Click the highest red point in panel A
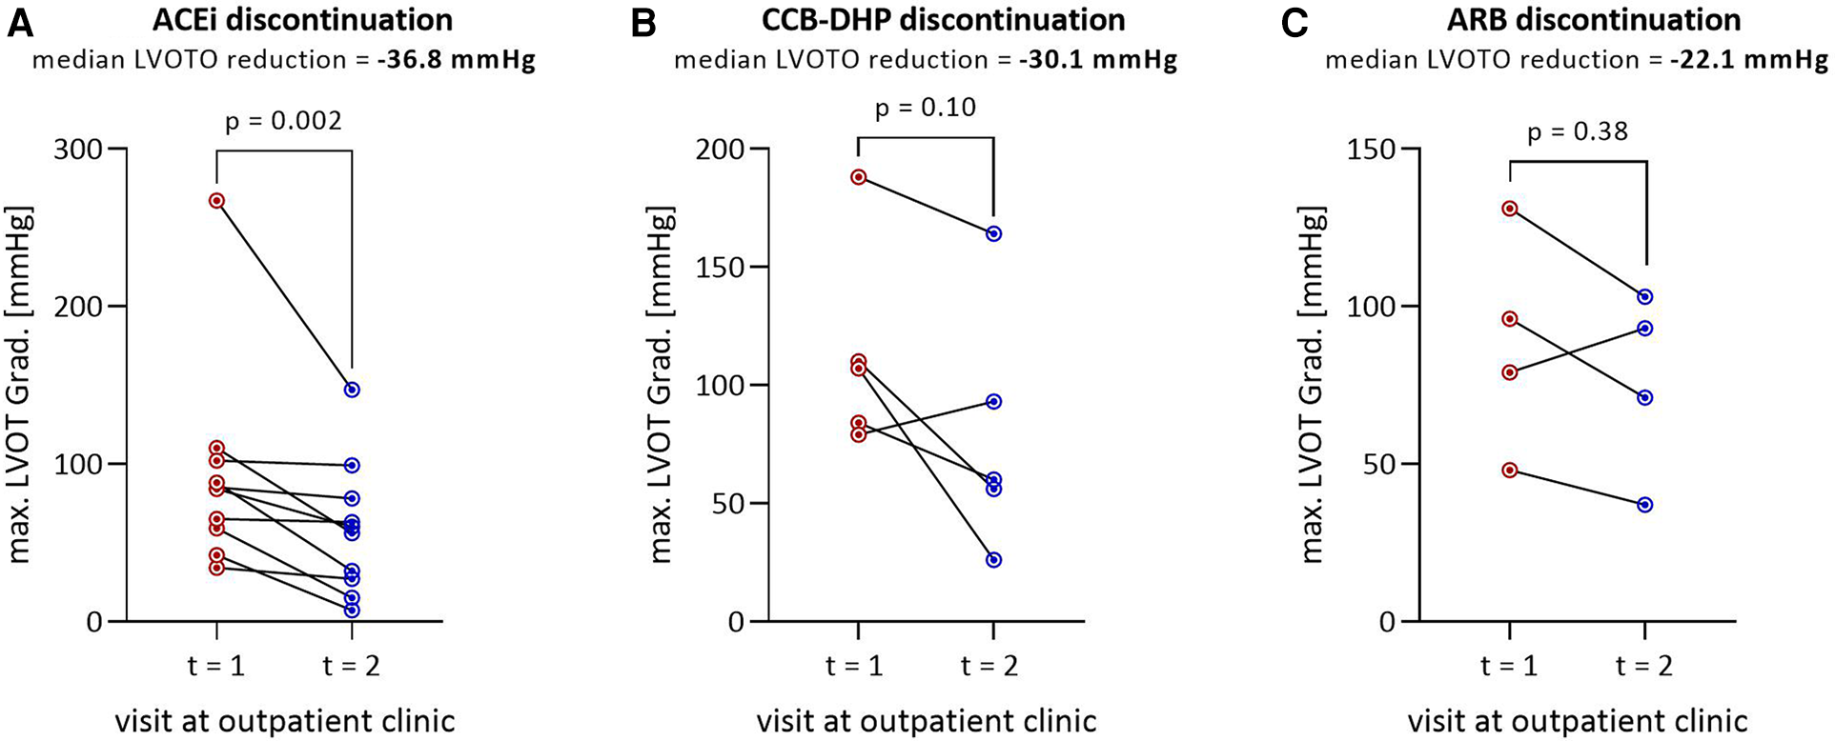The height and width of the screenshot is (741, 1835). (x=216, y=201)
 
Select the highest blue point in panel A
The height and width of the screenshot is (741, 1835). (x=352, y=390)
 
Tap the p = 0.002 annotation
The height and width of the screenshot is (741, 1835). (x=283, y=122)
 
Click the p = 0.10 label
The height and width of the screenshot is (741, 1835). (x=925, y=108)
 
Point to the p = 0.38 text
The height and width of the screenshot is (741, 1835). (x=1578, y=131)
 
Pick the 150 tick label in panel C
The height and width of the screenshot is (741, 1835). (x=1370, y=150)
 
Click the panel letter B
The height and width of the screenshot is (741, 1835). (x=643, y=23)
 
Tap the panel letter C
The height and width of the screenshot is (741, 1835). (x=1295, y=23)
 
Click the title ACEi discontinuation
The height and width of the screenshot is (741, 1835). (x=302, y=20)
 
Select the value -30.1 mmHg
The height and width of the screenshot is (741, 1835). (x=1097, y=60)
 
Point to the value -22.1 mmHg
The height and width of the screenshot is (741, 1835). (x=1748, y=60)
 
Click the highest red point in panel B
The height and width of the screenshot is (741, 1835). (x=858, y=177)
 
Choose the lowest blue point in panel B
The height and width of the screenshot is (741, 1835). (x=993, y=560)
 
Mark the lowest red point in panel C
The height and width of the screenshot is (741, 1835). (x=1510, y=471)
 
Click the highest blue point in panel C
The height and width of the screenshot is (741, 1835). (x=1645, y=297)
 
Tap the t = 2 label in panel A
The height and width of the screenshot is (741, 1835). (x=351, y=665)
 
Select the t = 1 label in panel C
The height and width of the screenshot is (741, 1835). (x=1509, y=665)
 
